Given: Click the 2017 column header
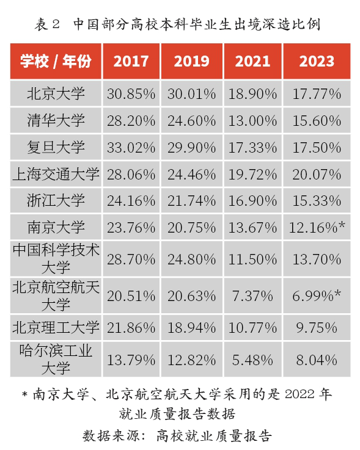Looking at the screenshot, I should click(131, 61).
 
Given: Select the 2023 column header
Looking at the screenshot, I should click(317, 61).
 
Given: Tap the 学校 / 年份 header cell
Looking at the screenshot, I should click(56, 61).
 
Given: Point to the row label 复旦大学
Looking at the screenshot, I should click(56, 147).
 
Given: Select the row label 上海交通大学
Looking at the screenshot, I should click(56, 173).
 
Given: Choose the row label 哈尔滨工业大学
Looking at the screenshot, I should click(56, 360).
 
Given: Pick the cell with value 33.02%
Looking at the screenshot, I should click(131, 147).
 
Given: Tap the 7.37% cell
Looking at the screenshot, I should click(253, 296).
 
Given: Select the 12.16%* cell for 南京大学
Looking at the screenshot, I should click(317, 227).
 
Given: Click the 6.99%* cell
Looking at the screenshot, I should click(317, 296).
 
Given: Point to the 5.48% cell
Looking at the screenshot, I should click(253, 360).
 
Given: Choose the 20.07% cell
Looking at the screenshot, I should click(317, 173).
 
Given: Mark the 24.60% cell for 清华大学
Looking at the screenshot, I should click(191, 120).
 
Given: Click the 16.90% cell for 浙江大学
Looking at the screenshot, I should click(253, 200).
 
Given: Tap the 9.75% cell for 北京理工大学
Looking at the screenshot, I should click(317, 327).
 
